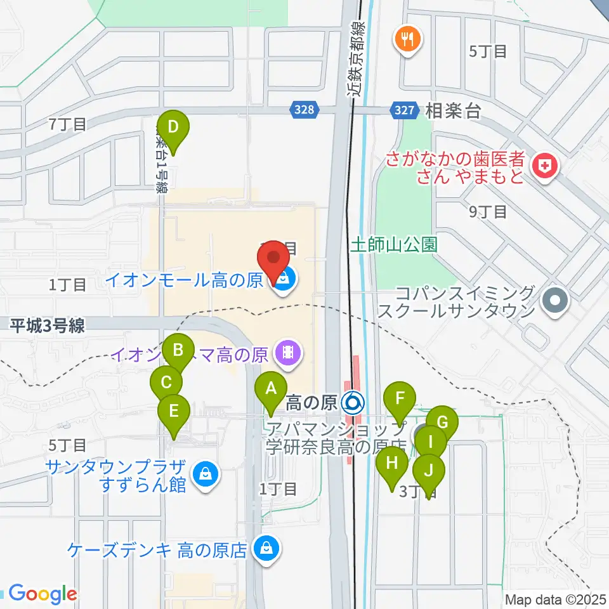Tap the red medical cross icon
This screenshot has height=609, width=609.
(x=544, y=167)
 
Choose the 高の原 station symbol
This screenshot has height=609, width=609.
(x=352, y=402)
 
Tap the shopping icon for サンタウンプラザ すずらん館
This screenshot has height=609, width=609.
(x=205, y=473)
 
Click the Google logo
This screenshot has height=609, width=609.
(x=43, y=594)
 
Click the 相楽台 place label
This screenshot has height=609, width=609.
(x=454, y=111)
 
